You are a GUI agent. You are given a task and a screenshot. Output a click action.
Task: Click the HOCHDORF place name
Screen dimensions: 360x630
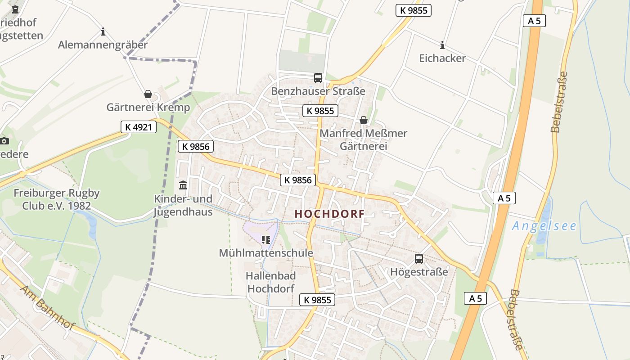pos(329,214)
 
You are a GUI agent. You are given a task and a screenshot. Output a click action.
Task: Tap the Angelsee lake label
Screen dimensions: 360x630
pos(544,225)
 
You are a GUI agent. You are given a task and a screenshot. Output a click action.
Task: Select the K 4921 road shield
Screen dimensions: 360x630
pos(139,127)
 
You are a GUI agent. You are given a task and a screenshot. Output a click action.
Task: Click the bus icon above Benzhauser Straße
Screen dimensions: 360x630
pos(318,78)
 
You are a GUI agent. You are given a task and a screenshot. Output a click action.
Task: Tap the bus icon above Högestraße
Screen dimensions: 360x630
pos(419,259)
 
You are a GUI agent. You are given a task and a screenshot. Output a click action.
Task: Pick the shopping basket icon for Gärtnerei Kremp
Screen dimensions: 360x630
pos(148,94)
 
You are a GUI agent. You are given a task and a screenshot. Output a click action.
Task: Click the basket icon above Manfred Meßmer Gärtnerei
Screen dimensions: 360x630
pos(363,120)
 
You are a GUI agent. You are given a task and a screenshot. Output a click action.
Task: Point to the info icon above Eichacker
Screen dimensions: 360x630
pos(442,45)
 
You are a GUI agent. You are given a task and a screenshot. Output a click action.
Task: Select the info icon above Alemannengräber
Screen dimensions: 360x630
pos(103,31)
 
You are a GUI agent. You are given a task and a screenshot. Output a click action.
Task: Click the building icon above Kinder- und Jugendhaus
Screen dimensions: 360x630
pos(183,185)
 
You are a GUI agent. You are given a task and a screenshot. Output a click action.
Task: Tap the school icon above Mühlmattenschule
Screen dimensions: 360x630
pos(265,240)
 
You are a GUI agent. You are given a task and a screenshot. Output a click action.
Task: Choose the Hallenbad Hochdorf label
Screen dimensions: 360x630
pos(270,282)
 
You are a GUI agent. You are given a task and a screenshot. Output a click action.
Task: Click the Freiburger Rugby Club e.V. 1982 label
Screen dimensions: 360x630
pos(57,199)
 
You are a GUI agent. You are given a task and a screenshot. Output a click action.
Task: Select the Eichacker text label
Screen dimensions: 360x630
pos(442,58)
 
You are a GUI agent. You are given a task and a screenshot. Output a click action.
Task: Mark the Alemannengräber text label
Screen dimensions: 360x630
pos(103,45)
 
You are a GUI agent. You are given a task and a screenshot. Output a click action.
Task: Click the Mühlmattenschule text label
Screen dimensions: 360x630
pos(265,253)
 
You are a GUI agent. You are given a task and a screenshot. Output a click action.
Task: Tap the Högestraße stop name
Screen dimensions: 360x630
pos(419,272)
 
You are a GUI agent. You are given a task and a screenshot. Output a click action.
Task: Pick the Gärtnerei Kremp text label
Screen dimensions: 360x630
pos(148,108)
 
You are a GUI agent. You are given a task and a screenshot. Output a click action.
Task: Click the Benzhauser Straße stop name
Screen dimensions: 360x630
pos(318,91)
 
